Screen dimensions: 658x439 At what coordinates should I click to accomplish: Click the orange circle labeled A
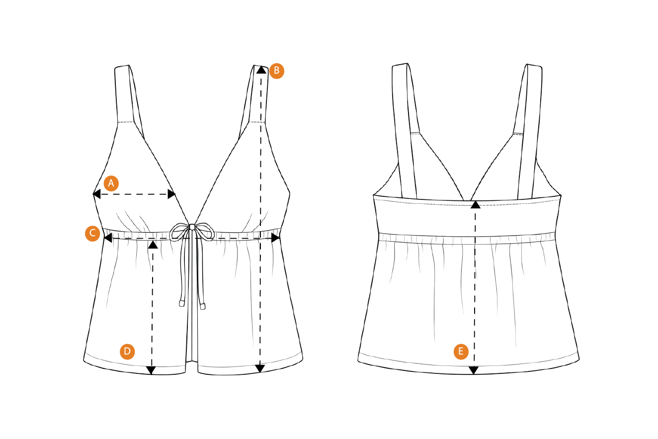point(111,183)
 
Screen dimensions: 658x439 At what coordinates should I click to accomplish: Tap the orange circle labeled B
point(276,71)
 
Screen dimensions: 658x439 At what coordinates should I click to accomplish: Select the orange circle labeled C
point(92,234)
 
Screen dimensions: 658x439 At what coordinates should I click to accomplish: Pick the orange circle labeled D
point(127,351)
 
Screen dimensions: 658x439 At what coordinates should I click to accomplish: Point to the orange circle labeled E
point(461,351)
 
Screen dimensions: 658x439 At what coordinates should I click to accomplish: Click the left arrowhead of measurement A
point(96,194)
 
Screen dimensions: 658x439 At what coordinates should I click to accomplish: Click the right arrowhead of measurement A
point(171,194)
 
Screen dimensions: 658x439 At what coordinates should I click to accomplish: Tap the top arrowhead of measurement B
point(261,70)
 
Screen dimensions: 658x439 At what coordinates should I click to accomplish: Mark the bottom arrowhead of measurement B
point(260,368)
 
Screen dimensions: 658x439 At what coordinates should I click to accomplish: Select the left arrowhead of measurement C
point(108,238)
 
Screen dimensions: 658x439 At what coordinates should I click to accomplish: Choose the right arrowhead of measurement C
point(275,238)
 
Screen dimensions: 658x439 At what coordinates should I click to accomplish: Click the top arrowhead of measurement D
point(153,245)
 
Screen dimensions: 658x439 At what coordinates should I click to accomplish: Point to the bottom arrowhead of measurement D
point(151,370)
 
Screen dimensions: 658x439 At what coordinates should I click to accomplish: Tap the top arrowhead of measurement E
point(475,205)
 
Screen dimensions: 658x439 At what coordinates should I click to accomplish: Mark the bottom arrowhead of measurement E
point(474,370)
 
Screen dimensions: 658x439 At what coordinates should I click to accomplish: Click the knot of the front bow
point(192,227)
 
